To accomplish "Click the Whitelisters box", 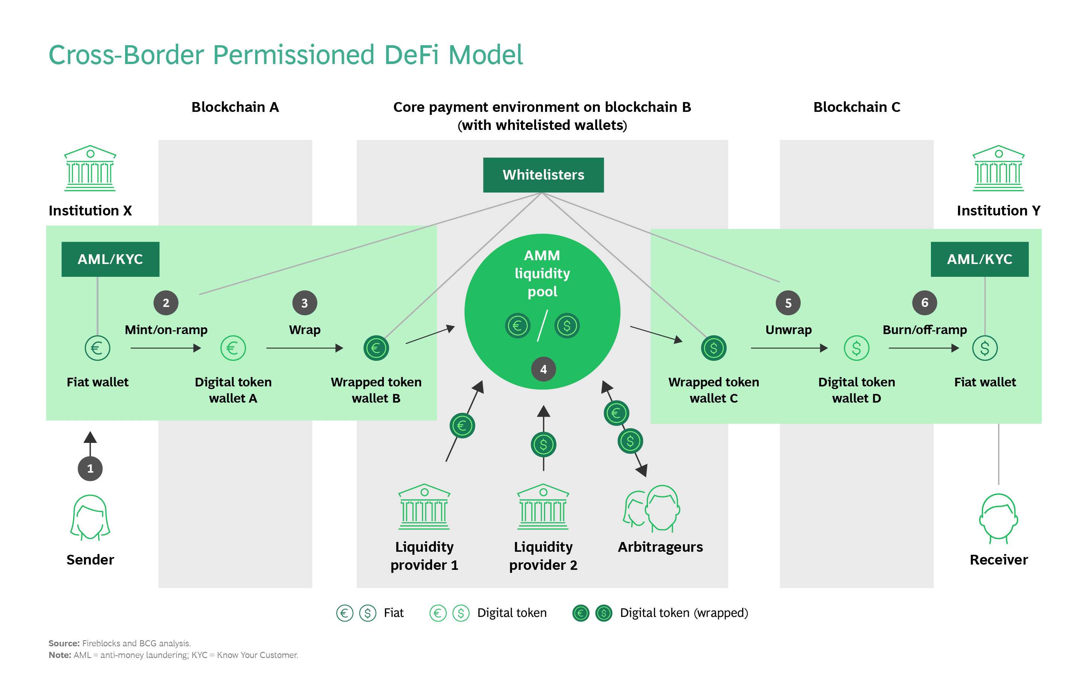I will pyautogui.click(x=543, y=175).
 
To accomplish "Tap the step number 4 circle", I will pyautogui.click(x=543, y=369).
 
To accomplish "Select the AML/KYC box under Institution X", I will pyautogui.click(x=110, y=259).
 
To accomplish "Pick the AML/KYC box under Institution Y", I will pyautogui.click(x=979, y=259).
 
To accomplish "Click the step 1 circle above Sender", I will pyautogui.click(x=90, y=468).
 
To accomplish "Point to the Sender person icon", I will pyautogui.click(x=90, y=518).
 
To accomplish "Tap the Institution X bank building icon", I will pyautogui.click(x=90, y=168).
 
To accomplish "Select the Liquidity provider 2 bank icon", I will pyautogui.click(x=543, y=507).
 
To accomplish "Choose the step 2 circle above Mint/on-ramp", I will pyautogui.click(x=166, y=303).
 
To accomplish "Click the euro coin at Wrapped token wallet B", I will pyautogui.click(x=376, y=348).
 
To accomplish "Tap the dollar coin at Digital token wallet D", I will pyautogui.click(x=856, y=348).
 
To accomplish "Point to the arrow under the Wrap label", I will pyautogui.click(x=304, y=348).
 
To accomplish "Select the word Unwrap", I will pyautogui.click(x=788, y=330).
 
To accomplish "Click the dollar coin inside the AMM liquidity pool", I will pyautogui.click(x=567, y=325).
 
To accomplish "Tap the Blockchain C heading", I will pyautogui.click(x=856, y=107).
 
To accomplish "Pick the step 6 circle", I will pyautogui.click(x=925, y=302).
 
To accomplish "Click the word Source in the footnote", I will pyautogui.click(x=64, y=643).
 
